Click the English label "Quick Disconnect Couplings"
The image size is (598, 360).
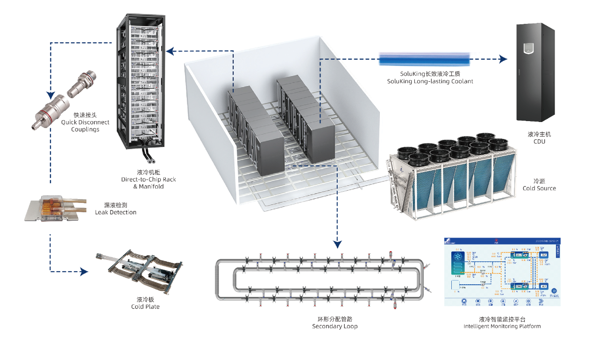[x=85, y=125]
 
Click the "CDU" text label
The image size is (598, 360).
[x=539, y=141]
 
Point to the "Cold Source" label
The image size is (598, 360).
[x=539, y=188]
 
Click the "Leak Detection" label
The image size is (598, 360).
[x=115, y=212]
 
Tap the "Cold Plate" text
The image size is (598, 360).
[x=145, y=306]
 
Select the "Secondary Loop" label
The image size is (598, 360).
[x=335, y=326]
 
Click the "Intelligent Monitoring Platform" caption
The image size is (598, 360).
[x=502, y=326]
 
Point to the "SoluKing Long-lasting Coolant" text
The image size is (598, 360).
[x=430, y=81]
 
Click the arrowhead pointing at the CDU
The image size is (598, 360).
[x=503, y=59]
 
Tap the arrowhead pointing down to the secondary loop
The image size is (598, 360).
[x=337, y=243]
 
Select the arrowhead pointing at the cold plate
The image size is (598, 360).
[x=84, y=271]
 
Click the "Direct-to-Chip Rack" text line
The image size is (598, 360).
[x=149, y=180]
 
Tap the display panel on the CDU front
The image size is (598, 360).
[x=528, y=47]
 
